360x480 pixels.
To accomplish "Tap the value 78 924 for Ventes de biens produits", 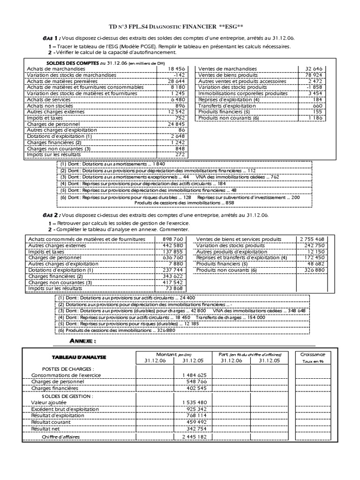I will click(x=310, y=75).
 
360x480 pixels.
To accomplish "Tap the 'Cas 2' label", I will click(x=49, y=215).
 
